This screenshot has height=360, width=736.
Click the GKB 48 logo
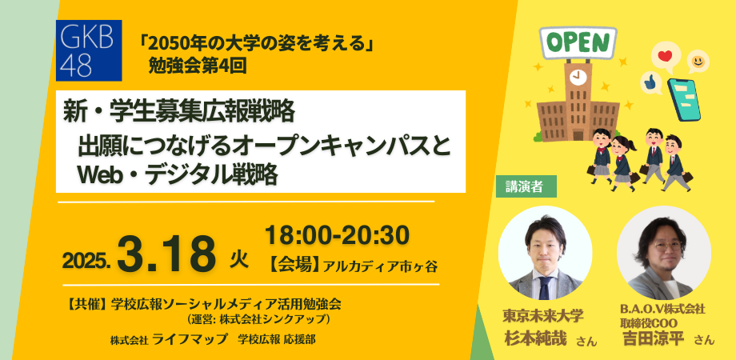click(89, 49)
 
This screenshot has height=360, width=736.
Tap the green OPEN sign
click(578, 42)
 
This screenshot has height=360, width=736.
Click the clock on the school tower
click(576, 78)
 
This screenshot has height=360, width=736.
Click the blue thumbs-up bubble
click(650, 82)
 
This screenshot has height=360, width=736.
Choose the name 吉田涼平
click(653, 338)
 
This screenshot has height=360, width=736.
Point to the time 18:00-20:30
click(337, 235)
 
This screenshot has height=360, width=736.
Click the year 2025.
click(86, 261)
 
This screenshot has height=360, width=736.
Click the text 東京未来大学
click(543, 314)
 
